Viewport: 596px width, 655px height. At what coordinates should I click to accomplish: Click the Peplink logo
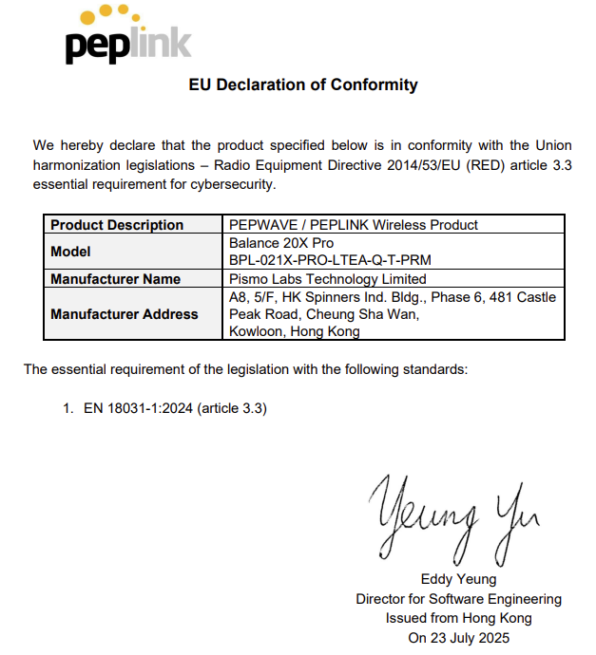click(x=127, y=37)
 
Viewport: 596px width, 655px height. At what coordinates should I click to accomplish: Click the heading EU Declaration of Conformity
click(x=303, y=84)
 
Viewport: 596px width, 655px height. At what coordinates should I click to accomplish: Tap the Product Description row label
click(x=117, y=225)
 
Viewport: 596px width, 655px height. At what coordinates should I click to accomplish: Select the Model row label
click(x=70, y=252)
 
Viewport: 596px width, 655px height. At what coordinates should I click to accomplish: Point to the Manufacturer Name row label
click(x=115, y=279)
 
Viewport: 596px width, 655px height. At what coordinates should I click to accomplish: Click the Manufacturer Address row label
click(x=125, y=314)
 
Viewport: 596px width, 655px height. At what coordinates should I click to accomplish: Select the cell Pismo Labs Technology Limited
click(x=328, y=279)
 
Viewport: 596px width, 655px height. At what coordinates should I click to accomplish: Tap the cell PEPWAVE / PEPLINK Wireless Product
click(x=354, y=225)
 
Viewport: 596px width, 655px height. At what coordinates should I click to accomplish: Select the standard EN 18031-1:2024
click(x=138, y=408)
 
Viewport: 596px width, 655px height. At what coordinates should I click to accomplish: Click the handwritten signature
click(x=454, y=516)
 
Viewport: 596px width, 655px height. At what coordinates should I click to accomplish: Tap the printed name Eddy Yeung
click(x=458, y=580)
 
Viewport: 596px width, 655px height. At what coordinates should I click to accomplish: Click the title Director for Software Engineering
click(x=458, y=599)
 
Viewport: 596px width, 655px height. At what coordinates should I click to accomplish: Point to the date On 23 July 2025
click(x=458, y=638)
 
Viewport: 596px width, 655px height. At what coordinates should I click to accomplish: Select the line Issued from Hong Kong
click(x=458, y=618)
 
